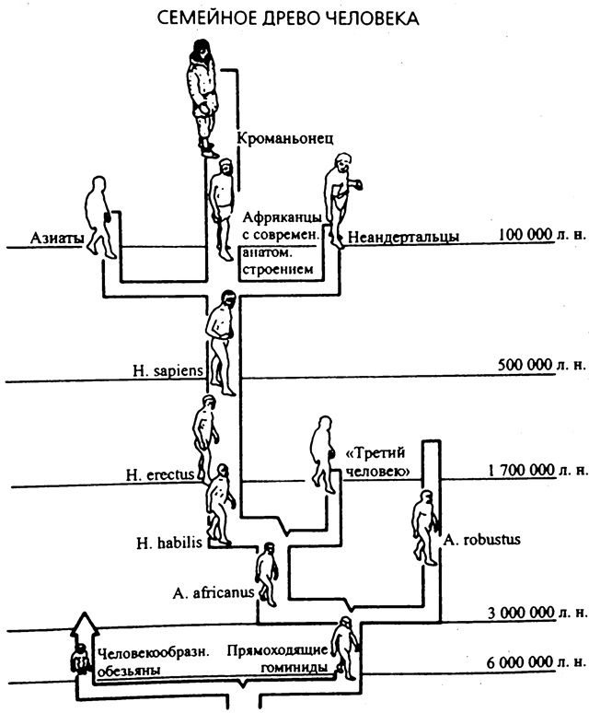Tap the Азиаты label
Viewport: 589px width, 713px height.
pyautogui.click(x=59, y=239)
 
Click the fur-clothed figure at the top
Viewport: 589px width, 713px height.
pyautogui.click(x=203, y=97)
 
